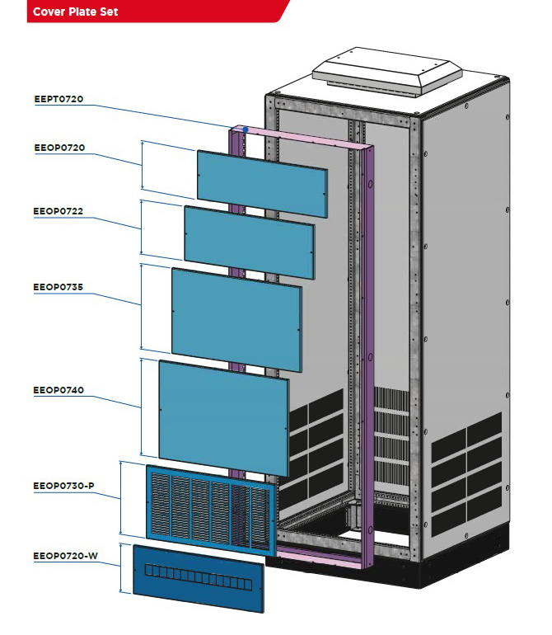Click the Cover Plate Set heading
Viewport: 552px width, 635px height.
(x=75, y=12)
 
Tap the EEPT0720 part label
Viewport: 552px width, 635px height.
(x=58, y=99)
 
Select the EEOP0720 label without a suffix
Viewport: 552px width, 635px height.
(x=59, y=148)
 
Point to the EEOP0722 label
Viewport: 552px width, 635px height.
(x=58, y=211)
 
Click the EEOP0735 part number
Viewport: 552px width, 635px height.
(x=58, y=287)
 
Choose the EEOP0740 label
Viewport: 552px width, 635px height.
(x=58, y=390)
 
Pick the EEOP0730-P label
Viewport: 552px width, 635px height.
(x=63, y=486)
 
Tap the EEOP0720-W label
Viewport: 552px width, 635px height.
(x=65, y=556)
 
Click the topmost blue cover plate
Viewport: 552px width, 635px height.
(x=262, y=184)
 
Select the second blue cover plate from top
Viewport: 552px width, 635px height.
(x=250, y=242)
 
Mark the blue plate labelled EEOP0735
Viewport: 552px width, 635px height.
(x=236, y=319)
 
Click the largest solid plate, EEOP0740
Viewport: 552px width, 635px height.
(x=224, y=418)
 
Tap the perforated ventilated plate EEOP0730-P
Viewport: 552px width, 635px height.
(x=211, y=510)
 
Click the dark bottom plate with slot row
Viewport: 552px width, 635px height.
(x=199, y=578)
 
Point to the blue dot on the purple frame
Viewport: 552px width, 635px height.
(x=246, y=129)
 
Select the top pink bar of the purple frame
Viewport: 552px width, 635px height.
(x=302, y=138)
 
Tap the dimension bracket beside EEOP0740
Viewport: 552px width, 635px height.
(x=141, y=407)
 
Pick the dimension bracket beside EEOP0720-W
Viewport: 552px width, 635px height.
(x=121, y=568)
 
